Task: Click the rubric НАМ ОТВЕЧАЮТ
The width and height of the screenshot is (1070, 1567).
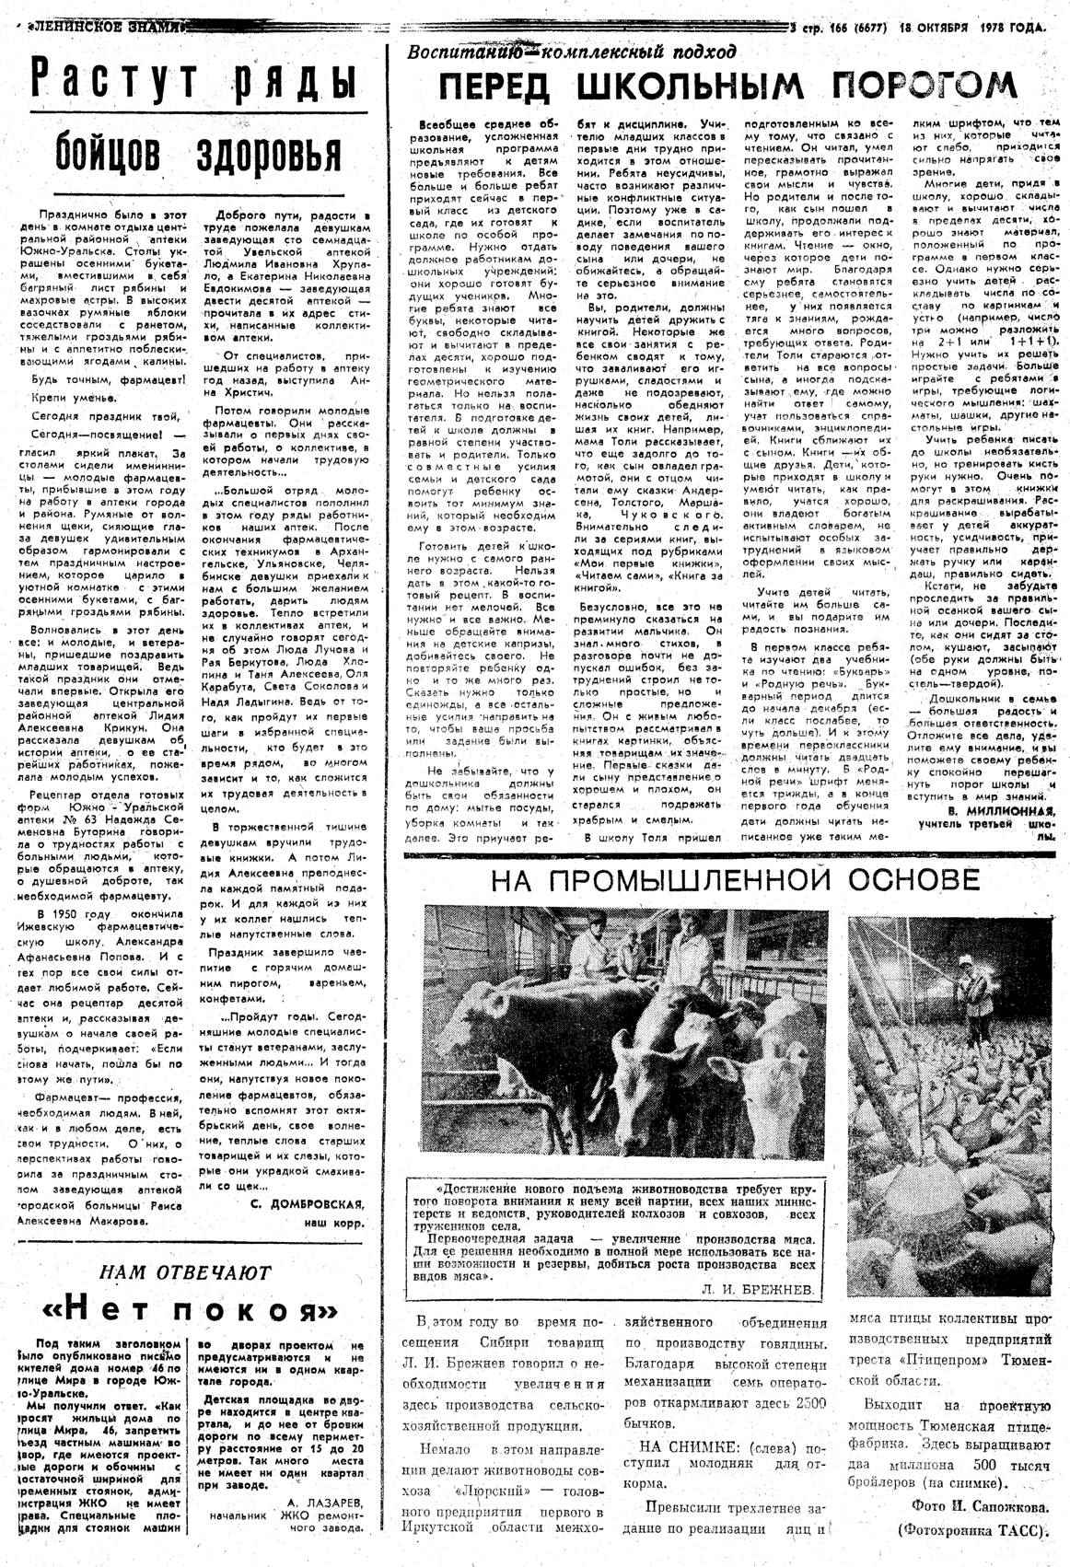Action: (185, 1272)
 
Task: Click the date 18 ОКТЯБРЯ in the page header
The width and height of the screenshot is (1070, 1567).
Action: (934, 28)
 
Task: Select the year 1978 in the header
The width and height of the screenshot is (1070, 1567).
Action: (997, 28)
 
